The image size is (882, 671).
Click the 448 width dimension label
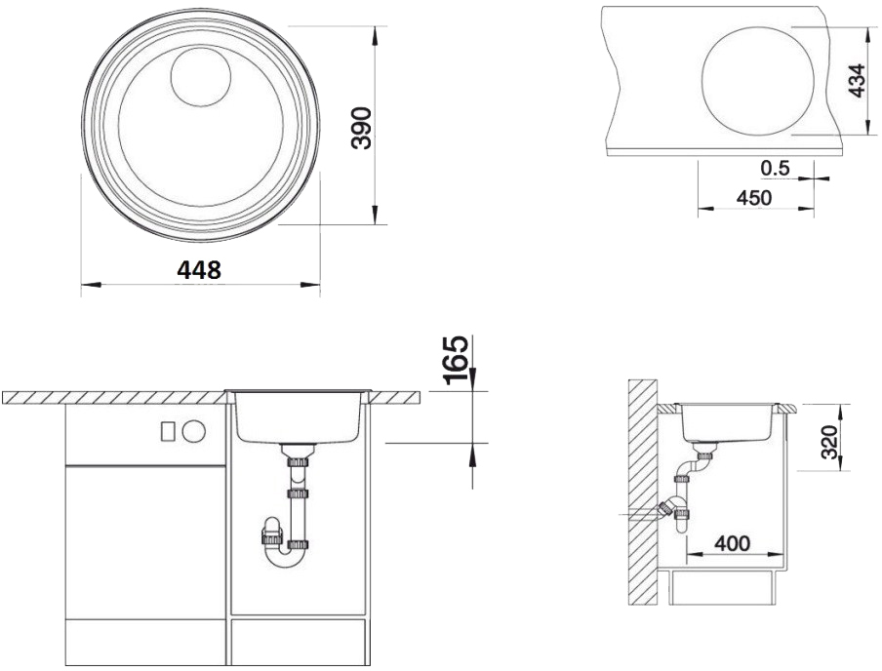coord(199,270)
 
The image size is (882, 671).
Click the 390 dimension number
coord(361,128)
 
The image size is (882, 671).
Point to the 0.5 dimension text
coord(775,168)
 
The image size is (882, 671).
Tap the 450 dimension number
coord(754,198)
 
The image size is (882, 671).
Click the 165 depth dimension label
coord(455,360)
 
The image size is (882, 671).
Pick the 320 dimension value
coord(829,442)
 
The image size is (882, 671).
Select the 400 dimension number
coord(733,543)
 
